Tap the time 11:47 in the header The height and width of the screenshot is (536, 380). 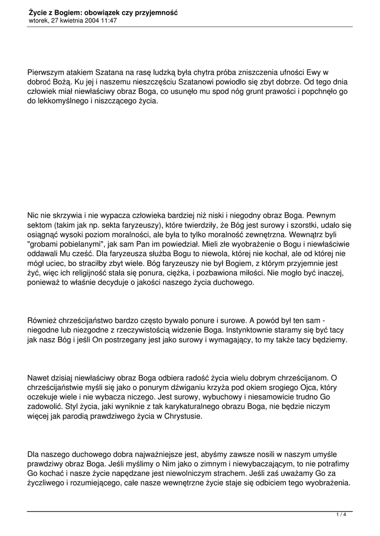click(108, 20)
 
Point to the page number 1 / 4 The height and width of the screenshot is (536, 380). click(341, 515)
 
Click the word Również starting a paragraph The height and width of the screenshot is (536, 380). click(44, 320)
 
